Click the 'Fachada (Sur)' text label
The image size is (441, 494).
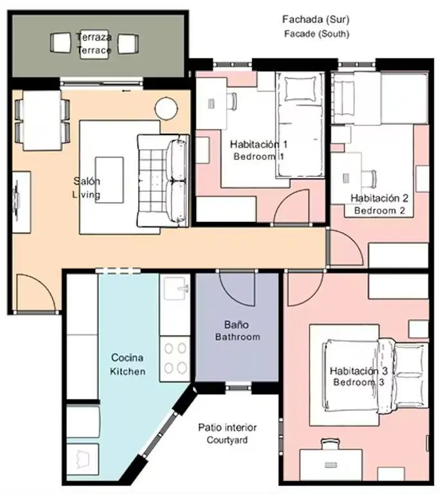316,20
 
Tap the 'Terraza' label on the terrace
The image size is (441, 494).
93,37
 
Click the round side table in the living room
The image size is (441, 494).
166,107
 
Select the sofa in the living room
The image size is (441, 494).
164,181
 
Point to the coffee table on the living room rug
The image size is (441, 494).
109,179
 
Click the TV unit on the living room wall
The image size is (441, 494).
21,201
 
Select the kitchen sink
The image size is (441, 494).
175,289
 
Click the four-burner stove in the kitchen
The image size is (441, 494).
175,358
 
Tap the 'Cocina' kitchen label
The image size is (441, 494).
127,358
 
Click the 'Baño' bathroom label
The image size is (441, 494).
237,325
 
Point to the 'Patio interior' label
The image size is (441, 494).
227,427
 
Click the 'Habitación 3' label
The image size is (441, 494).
358,370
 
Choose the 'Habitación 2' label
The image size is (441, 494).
379,197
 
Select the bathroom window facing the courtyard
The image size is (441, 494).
238,387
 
